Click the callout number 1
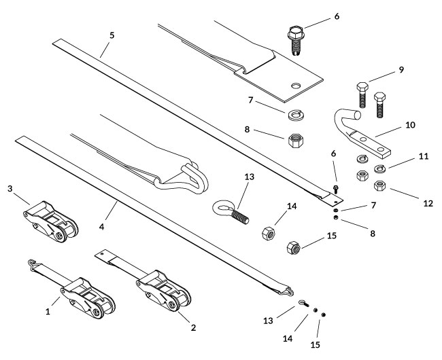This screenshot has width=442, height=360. point(48,312)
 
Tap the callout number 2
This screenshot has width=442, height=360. point(193,327)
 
